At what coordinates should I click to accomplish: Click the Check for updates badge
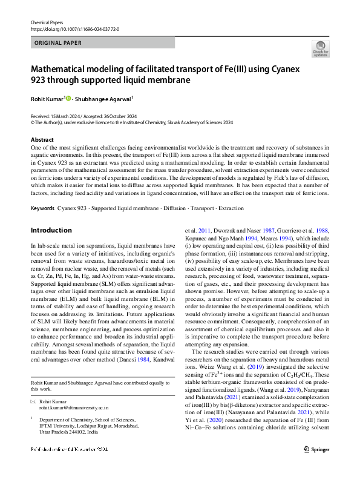click(x=320, y=48)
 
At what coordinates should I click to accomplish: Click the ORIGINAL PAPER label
click(x=56, y=43)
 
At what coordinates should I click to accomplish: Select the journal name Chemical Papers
click(x=46, y=22)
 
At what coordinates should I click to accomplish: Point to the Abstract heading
click(x=41, y=139)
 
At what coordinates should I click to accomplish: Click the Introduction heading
click(x=51, y=230)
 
